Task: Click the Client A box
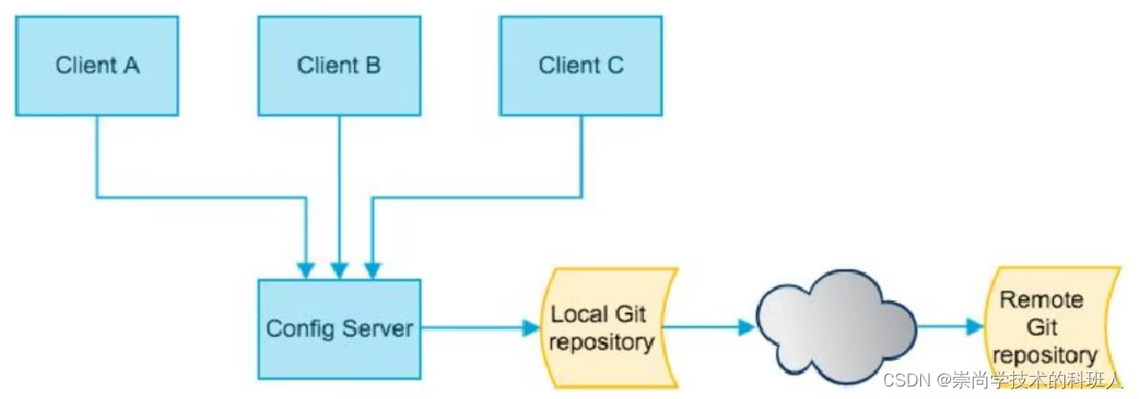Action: (97, 65)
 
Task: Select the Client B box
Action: (339, 65)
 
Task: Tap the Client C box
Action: (581, 65)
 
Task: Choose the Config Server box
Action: (339, 328)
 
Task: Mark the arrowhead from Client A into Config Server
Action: (306, 267)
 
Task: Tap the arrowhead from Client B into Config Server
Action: (339, 267)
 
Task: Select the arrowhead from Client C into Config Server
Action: (371, 267)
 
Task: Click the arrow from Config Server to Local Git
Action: (480, 328)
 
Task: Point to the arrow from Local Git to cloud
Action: (709, 328)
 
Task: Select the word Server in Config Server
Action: (375, 328)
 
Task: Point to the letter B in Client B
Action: (372, 65)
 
